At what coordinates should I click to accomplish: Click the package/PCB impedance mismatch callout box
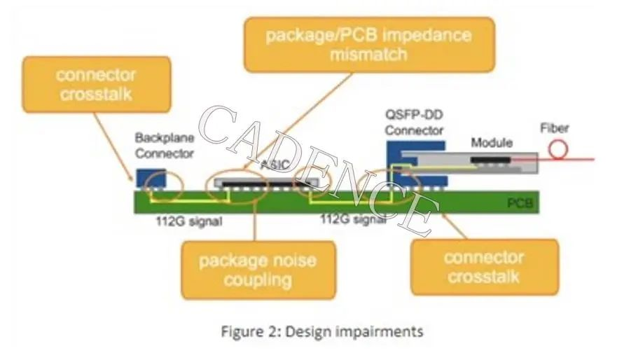[x=368, y=44]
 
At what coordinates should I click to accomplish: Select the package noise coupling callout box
[x=257, y=270]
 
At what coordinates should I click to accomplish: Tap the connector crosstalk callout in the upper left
[x=97, y=85]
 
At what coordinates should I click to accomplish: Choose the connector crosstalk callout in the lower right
[x=484, y=266]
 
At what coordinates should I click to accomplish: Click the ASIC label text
[x=271, y=167]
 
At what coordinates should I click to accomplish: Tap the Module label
[x=491, y=143]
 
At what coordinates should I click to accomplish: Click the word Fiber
[x=555, y=129]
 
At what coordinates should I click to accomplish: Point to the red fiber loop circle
[x=559, y=149]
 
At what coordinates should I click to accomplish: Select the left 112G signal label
[x=188, y=222]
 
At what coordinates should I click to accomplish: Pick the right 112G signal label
[x=352, y=220]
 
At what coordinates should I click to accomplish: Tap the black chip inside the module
[x=490, y=160]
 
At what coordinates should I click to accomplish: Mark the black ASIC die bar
[x=266, y=184]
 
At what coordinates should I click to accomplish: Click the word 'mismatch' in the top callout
[x=368, y=54]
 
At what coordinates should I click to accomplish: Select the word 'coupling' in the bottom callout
[x=257, y=280]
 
